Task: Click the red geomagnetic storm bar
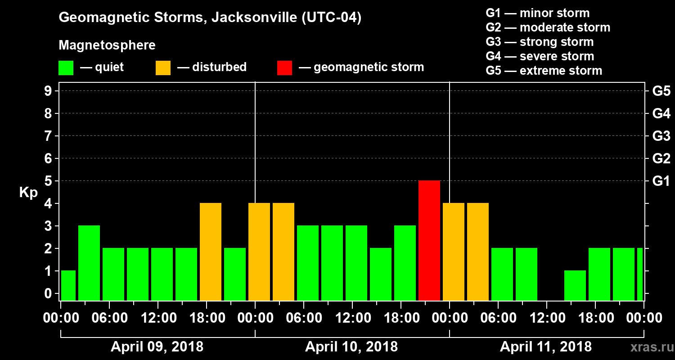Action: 429,240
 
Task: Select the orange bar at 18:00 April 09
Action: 211,252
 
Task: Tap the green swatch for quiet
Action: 66,68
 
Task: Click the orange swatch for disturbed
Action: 163,68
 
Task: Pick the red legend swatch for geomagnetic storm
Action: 284,68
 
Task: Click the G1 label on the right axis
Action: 661,181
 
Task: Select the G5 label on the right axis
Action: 661,91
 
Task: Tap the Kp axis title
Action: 28,193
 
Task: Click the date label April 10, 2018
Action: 351,347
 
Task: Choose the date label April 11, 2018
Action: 546,347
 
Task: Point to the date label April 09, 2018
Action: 157,347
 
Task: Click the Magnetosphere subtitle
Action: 107,45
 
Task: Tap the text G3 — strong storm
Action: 540,42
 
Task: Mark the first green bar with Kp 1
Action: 68,285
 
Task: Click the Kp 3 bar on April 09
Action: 89,263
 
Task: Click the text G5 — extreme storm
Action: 544,71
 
